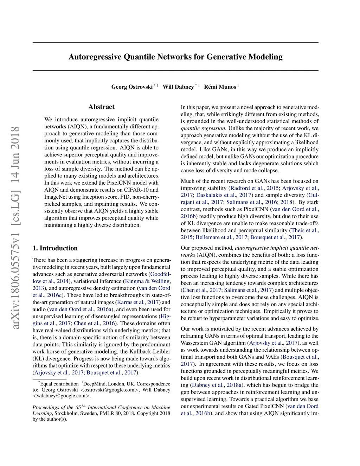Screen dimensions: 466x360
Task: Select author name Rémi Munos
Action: [x=220, y=87]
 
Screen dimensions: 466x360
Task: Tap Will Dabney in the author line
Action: [x=178, y=87]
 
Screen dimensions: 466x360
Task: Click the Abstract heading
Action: [x=101, y=107]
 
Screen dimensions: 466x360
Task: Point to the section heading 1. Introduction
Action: [x=55, y=248]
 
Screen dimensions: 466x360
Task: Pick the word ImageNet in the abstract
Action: [x=55, y=197]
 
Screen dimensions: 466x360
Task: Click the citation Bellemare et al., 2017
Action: [x=222, y=237]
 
